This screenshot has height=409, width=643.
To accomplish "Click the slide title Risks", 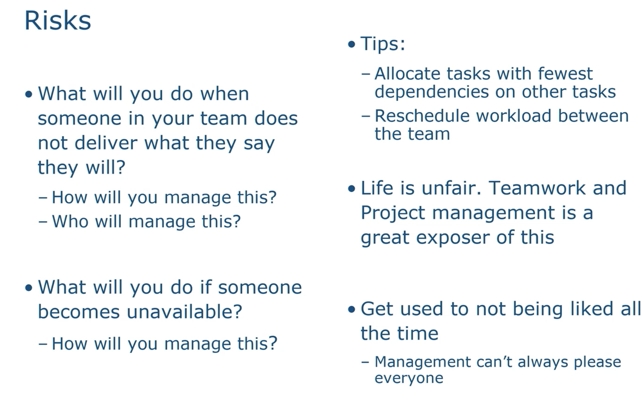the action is [58, 20].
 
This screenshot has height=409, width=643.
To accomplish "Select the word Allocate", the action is [407, 74].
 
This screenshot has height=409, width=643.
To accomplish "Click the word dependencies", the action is [432, 92].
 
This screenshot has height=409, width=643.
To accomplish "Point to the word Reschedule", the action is [422, 116].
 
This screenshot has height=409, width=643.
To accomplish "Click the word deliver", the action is [106, 143].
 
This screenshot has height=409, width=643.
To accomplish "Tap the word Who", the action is [70, 221].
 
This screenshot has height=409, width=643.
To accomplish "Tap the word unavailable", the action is [184, 312].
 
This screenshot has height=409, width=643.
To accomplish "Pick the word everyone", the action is [409, 378].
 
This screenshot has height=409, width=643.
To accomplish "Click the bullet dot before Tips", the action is [351, 45].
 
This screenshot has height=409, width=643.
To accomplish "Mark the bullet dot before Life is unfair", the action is [351, 189].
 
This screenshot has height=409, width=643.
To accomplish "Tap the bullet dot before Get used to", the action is [351, 309].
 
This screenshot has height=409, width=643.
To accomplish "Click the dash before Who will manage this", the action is [43, 222].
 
